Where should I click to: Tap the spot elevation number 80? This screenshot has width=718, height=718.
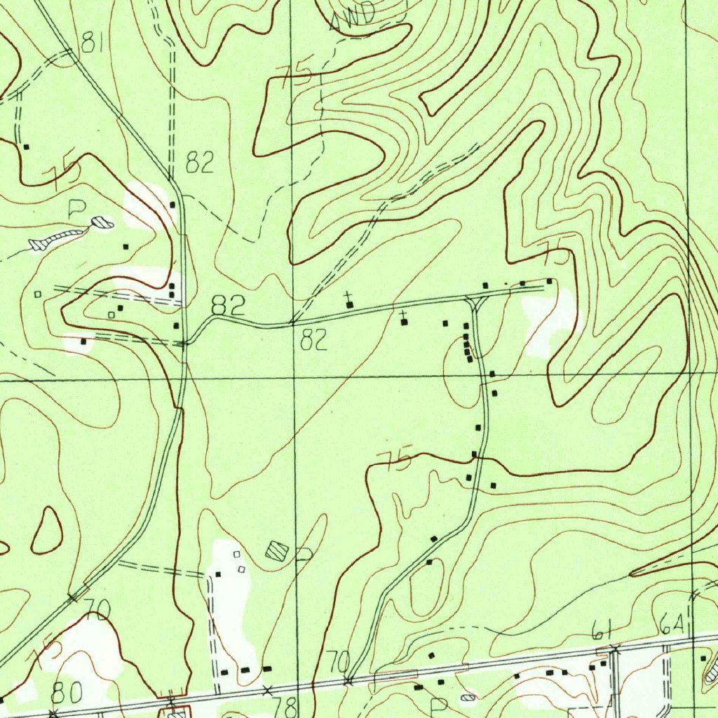point(67,692)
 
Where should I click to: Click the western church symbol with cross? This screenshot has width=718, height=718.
point(349,303)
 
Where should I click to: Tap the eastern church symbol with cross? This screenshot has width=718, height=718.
point(404,319)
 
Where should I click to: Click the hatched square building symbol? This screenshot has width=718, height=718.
point(277,551)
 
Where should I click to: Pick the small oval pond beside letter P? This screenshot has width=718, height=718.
point(103,224)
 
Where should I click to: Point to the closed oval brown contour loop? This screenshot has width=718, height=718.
point(47,529)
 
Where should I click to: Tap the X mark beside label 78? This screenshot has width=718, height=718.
point(266,691)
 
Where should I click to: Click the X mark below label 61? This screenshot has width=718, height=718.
point(614,649)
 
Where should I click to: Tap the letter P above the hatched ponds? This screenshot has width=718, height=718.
point(77,208)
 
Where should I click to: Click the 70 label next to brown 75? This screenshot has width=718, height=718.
point(97,609)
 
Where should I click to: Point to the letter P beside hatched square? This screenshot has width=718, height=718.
point(303,555)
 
